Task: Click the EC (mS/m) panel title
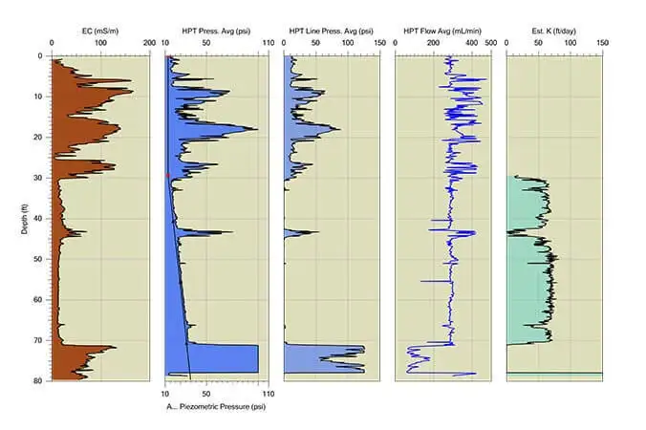tap(100, 31)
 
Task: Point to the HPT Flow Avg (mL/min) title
tap(442, 31)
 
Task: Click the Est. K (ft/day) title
tap(553, 31)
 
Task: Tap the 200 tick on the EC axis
tap(148, 44)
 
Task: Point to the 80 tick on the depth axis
tap(38, 381)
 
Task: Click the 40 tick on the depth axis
tap(38, 219)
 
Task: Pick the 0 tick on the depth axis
tap(41, 56)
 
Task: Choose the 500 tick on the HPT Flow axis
tap(490, 44)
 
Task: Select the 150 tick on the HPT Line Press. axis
tap(379, 44)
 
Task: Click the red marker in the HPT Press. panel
tap(168, 175)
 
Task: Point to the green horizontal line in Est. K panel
tap(553, 373)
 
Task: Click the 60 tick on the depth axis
tap(38, 300)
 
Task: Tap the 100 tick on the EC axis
tap(100, 44)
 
